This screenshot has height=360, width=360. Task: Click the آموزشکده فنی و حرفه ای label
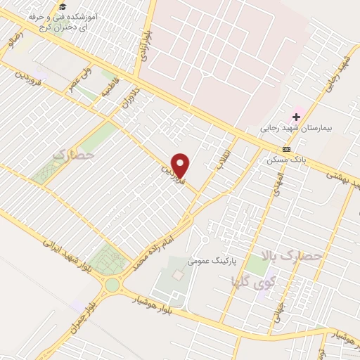tap(63, 22)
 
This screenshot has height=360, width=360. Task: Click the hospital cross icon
tap(297, 116)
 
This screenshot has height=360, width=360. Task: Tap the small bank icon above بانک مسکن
tap(286, 149)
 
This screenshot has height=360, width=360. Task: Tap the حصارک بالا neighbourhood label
tap(289, 257)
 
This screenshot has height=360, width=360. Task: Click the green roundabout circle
tap(112, 285)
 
